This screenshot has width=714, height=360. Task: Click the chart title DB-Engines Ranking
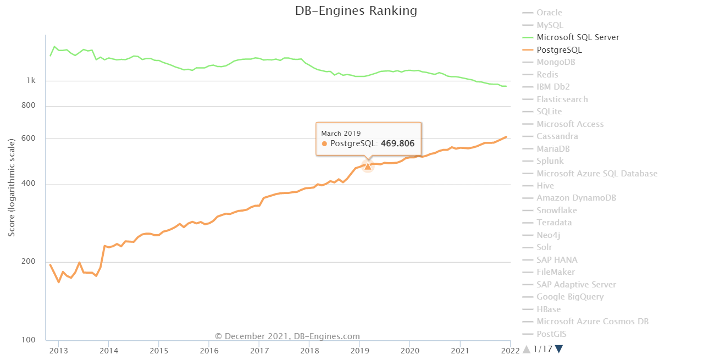pos(356,11)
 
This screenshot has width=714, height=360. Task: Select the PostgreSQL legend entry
pos(559,50)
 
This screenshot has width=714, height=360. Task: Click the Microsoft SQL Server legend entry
pos(578,37)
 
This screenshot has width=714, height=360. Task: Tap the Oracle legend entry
pos(549,13)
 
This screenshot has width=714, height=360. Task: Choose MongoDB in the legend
pos(556,62)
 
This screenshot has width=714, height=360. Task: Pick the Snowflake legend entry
pos(557,211)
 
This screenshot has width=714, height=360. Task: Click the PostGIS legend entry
pos(551,334)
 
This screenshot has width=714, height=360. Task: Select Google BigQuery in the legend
pos(570,297)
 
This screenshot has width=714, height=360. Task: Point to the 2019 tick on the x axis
pos(359,350)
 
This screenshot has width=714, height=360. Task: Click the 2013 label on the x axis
pos(59,350)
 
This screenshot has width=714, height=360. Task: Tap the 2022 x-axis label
pos(510,350)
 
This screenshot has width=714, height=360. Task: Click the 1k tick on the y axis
pos(31,81)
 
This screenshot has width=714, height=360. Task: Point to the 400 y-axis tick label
pos(29,184)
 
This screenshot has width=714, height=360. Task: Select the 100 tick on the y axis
pos(29,340)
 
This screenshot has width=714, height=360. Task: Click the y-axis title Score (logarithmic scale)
pos(12,188)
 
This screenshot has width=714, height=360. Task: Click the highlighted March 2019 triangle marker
pos(368,166)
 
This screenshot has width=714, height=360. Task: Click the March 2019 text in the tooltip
pos(341,133)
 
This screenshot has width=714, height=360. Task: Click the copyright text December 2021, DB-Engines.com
pos(287,336)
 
